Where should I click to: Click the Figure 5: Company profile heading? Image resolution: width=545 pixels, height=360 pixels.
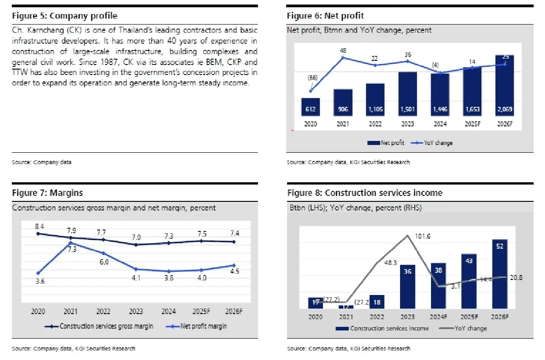tap(64, 16)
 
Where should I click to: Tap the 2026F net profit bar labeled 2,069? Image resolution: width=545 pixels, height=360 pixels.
tap(505, 86)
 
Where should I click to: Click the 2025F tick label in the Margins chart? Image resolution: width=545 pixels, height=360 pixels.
tap(200, 311)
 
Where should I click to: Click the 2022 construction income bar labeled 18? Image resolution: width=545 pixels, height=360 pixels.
tap(377, 302)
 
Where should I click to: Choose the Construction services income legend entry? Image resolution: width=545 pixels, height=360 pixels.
tap(383, 328)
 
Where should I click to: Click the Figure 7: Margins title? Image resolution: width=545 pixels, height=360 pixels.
tap(47, 193)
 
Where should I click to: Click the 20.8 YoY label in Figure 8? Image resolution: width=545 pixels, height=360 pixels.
tap(515, 278)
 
